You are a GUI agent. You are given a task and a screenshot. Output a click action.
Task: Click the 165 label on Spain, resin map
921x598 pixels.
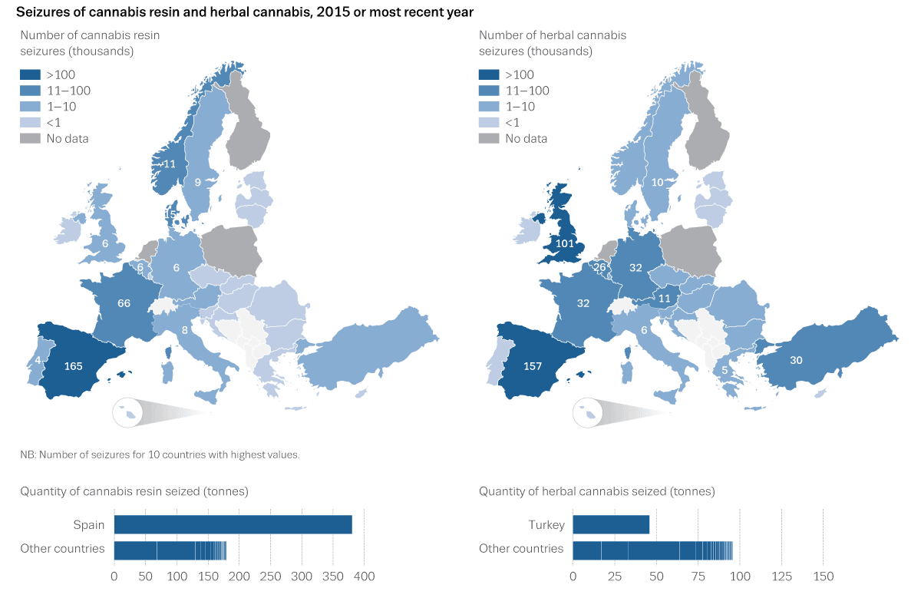point(73,366)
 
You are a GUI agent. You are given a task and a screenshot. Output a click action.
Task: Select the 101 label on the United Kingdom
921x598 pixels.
point(566,244)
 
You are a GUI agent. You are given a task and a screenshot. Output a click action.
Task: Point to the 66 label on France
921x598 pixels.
point(124,303)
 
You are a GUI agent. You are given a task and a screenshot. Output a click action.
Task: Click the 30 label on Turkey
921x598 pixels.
point(796,360)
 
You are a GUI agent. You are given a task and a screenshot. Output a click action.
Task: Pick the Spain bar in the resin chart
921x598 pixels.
point(233,524)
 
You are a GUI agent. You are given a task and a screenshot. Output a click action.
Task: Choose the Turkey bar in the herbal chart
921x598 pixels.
point(611,524)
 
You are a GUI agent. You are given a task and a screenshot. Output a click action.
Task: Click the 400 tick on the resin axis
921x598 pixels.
point(364,576)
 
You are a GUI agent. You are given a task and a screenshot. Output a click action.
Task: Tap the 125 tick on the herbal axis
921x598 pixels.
point(781,576)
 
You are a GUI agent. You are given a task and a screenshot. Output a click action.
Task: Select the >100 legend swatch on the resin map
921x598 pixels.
point(30,75)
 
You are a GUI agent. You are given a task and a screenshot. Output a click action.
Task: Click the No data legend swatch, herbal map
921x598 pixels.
point(489,139)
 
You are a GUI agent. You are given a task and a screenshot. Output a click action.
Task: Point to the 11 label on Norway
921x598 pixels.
point(169,164)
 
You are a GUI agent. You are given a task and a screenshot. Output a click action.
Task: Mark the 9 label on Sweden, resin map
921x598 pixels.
point(197,182)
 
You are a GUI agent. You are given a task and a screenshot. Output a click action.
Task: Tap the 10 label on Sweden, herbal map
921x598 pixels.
point(657,182)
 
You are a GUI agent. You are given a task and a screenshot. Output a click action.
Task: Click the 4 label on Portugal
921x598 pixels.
point(37,360)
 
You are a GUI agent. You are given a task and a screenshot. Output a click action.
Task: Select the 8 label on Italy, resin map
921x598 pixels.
point(184,331)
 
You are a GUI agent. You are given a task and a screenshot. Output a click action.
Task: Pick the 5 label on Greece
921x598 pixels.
point(725,370)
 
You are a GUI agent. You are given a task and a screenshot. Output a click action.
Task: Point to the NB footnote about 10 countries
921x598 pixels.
point(160,454)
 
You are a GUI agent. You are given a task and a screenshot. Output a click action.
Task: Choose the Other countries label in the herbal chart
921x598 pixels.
point(521,549)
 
